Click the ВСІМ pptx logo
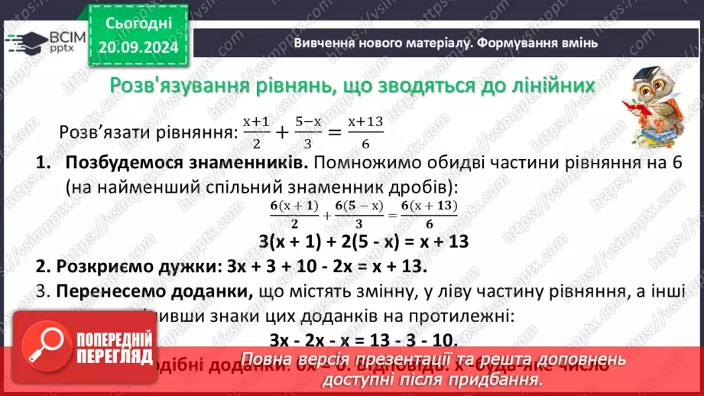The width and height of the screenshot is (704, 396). (x=45, y=40)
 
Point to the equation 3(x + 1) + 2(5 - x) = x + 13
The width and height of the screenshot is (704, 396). (x=363, y=242)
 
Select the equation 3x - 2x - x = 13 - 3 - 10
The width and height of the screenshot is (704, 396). (x=363, y=339)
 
